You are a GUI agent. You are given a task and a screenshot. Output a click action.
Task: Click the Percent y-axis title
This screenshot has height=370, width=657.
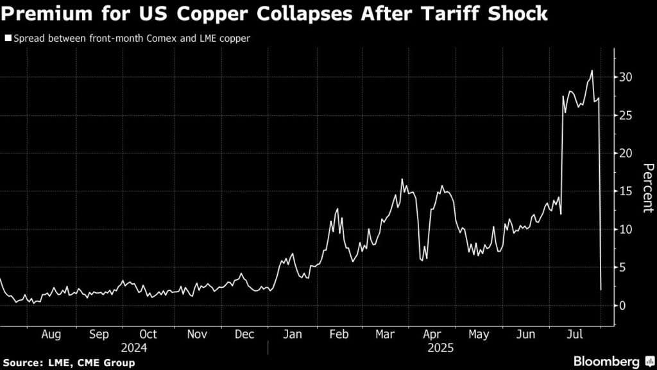point(648,188)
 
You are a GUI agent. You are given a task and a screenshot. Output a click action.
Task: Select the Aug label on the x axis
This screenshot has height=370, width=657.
point(51,335)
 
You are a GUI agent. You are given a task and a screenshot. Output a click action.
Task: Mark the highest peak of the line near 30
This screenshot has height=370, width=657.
point(592,71)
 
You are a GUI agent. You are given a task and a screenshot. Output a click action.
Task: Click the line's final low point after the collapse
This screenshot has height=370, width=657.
point(601,290)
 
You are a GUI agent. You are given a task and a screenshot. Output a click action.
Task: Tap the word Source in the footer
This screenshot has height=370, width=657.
point(23,364)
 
